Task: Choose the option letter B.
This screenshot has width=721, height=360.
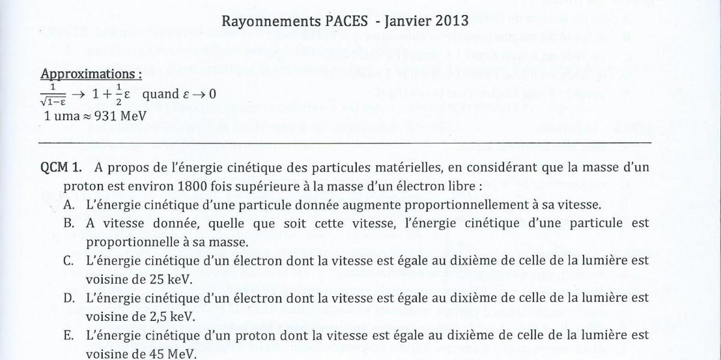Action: click(71, 223)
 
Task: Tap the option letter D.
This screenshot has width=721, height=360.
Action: click(71, 298)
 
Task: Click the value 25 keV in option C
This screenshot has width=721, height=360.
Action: click(144, 279)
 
